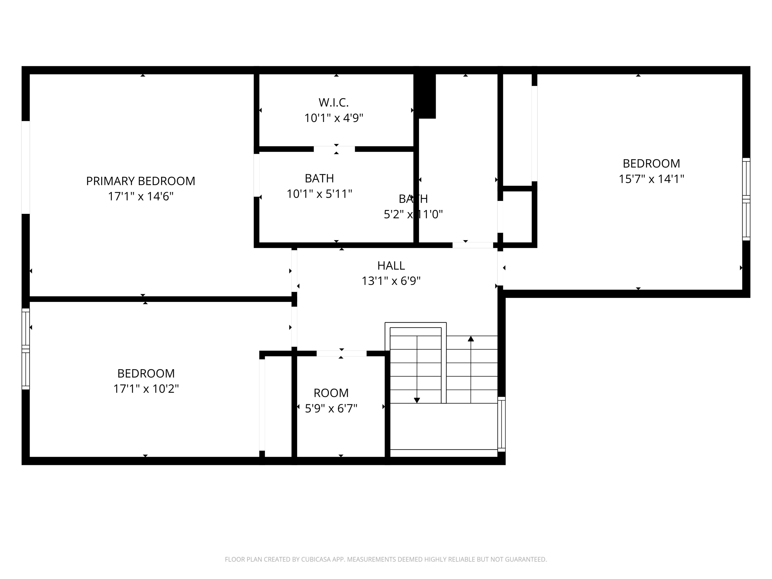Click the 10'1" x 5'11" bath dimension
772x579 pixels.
319,194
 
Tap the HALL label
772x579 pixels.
391,266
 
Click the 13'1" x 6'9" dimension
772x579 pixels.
391,281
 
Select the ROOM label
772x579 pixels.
331,393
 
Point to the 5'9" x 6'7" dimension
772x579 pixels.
331,408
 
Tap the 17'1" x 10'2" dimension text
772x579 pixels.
146,389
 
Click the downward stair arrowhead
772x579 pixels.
417,400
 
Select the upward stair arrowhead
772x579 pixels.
471,339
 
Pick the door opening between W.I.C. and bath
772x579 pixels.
334,149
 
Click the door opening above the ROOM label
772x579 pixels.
341,354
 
